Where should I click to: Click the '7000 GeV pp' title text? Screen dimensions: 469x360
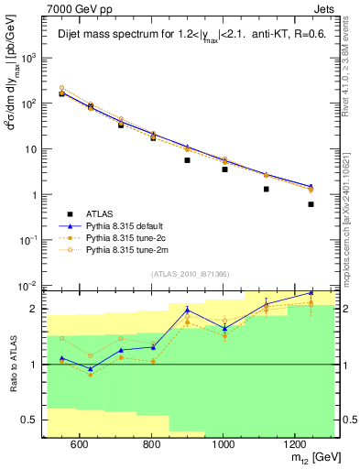coord(79,7)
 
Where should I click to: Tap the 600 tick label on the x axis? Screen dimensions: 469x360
coord(79,444)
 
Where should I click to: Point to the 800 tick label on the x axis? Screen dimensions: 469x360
coord(151,444)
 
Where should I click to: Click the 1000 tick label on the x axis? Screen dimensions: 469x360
coord(223,444)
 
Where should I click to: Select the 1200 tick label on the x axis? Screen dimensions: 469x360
coord(295,444)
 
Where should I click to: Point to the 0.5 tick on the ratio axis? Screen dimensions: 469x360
coord(34,420)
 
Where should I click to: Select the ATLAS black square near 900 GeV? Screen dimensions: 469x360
coord(187,160)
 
